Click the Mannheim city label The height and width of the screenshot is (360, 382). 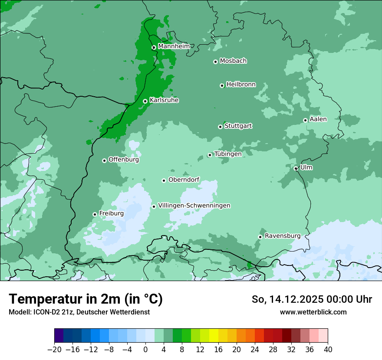coord(174,46)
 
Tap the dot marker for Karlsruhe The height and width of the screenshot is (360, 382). coord(145,101)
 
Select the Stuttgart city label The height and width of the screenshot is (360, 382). coord(238,126)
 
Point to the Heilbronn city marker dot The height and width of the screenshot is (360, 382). coord(222,85)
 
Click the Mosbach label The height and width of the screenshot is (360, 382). coord(233,61)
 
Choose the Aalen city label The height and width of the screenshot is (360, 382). coord(318,119)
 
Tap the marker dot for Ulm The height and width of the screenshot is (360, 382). coord(296,168)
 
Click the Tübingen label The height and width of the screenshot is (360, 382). coord(227,154)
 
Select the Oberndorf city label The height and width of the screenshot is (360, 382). coord(184,180)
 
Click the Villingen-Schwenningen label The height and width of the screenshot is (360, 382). coord(194,206)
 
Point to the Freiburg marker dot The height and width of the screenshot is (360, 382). coord(95,214)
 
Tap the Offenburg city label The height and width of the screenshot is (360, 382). coord(123,160)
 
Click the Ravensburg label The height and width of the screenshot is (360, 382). coord(282,236)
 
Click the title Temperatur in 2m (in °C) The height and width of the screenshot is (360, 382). coord(86,299)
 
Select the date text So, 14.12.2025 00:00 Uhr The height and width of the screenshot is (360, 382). coord(312,299)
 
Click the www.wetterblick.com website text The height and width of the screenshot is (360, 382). coord(313,312)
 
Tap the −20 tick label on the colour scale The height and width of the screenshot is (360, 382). coord(54,350)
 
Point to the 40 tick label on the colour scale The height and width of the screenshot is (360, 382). coord(328,350)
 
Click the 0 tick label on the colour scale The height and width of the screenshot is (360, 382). coord(145,350)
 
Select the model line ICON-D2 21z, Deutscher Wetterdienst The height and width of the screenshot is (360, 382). coord(79,312)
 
